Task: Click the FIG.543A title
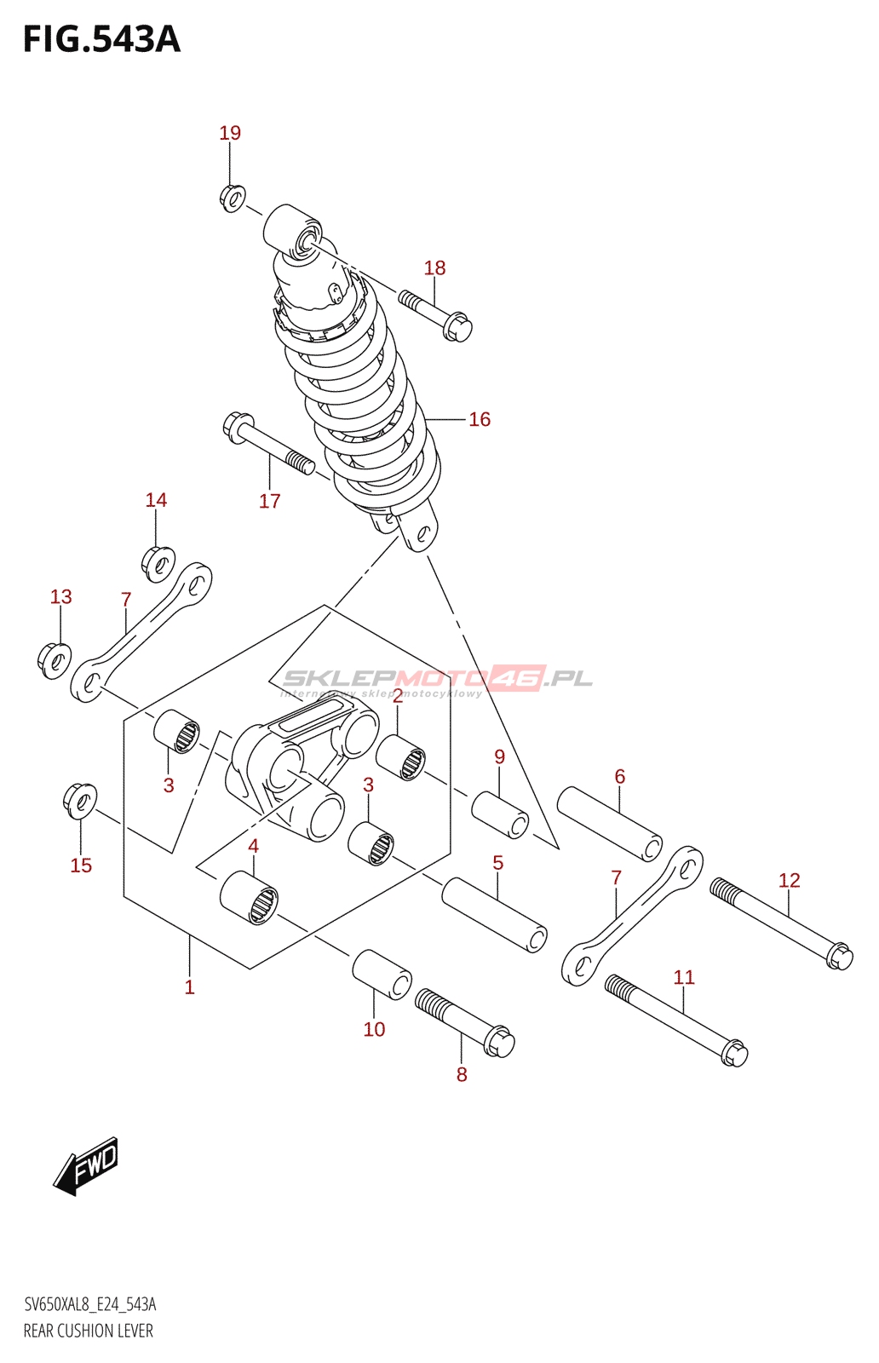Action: [x=101, y=39]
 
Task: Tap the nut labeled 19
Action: [x=232, y=198]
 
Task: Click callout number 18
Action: [x=434, y=267]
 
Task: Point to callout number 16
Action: [x=480, y=419]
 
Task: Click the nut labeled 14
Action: [x=158, y=563]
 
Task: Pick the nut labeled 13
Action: [x=55, y=659]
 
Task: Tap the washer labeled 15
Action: [x=79, y=800]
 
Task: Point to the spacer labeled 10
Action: [x=382, y=973]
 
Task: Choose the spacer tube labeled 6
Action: [x=609, y=823]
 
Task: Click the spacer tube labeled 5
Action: [x=493, y=914]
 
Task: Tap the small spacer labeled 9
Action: [x=500, y=814]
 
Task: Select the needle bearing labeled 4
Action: [x=249, y=898]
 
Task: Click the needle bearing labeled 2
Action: [x=400, y=756]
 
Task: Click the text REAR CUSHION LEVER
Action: [x=89, y=1331]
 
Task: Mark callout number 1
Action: [x=189, y=986]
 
